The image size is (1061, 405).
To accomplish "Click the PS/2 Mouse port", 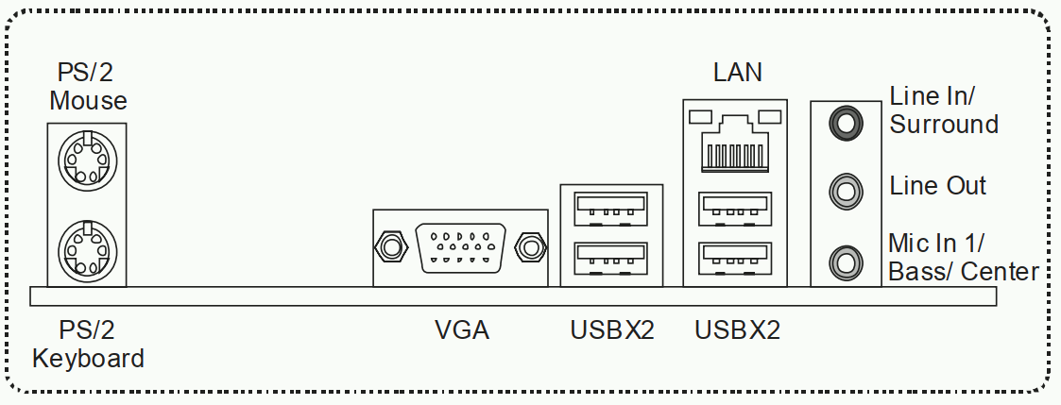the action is [x=87, y=161].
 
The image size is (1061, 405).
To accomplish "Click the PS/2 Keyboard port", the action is [x=87, y=250].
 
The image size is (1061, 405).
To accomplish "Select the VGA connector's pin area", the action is [x=460, y=247].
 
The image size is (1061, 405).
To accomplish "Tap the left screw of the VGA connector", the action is [x=391, y=247].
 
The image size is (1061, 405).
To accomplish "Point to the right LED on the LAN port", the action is [x=770, y=117].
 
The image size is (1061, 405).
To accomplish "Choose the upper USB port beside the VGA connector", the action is [x=611, y=209].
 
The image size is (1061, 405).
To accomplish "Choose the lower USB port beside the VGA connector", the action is [x=611, y=259].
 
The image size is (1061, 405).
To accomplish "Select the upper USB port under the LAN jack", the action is [x=736, y=209].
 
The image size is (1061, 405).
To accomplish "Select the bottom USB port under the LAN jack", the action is [x=736, y=259].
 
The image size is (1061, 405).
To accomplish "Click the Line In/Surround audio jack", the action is [x=846, y=124].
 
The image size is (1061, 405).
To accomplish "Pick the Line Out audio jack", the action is [x=846, y=192].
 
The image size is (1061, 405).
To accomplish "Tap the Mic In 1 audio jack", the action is [x=846, y=261].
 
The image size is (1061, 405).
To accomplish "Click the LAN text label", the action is [x=738, y=73].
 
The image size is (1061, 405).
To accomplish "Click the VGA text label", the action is [x=461, y=330].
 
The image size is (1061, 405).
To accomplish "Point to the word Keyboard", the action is [x=88, y=359].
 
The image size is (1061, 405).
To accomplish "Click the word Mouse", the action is [x=88, y=101].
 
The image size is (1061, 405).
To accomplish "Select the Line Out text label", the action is [x=938, y=186].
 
